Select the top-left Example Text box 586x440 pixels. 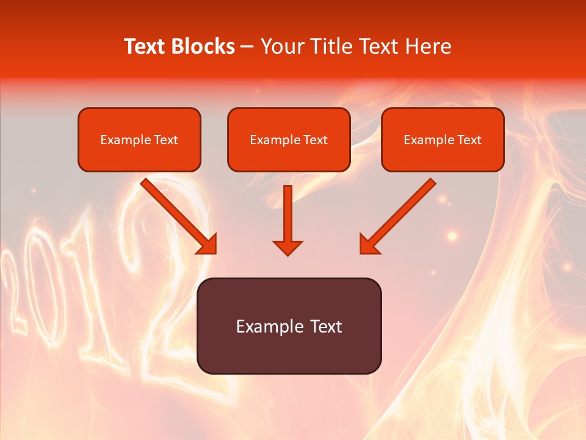point(139,140)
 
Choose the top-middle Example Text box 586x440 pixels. point(289,140)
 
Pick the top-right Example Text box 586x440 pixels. point(443,140)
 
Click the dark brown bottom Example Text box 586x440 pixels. point(289,326)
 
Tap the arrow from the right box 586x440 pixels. point(400,214)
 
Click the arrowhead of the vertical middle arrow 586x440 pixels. point(288,247)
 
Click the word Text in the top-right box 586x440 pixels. point(469,140)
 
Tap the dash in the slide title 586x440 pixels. point(248,47)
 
